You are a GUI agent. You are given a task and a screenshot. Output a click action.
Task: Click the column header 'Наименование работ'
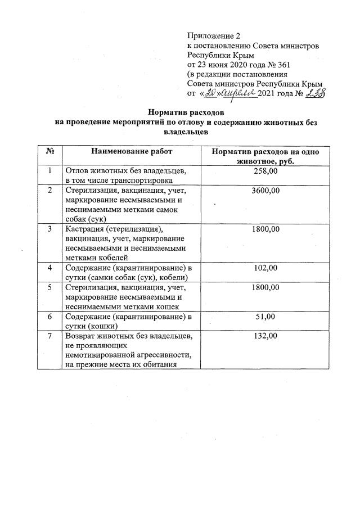[x=130, y=152]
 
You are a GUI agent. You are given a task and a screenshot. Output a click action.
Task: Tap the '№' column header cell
[x=49, y=152]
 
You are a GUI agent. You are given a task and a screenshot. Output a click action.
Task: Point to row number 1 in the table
[x=49, y=171]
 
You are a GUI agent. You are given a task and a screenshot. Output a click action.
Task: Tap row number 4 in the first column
[x=49, y=268]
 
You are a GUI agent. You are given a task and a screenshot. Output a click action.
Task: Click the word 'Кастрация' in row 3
[x=85, y=229]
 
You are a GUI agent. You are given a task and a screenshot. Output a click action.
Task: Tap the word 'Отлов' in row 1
[x=77, y=171]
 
